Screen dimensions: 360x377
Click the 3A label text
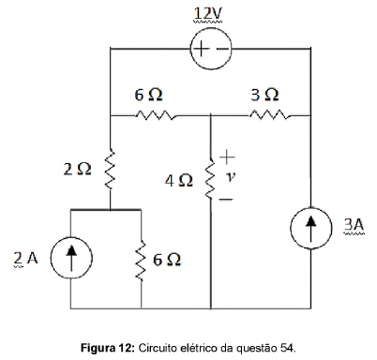(x=354, y=226)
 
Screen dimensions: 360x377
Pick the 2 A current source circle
(x=70, y=259)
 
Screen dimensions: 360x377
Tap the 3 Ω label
(x=264, y=96)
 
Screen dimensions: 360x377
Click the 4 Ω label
(x=178, y=179)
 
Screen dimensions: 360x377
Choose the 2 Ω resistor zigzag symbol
(x=110, y=172)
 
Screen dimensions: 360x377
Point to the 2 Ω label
(x=77, y=170)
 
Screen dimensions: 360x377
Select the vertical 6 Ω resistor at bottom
(x=142, y=258)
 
